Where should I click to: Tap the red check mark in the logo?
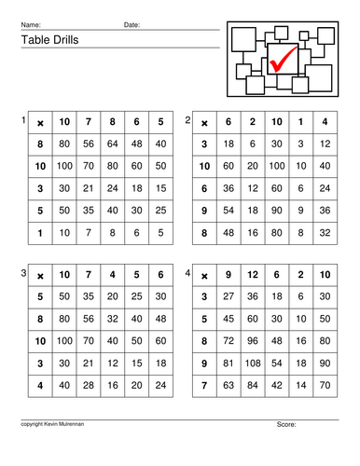tap(282, 59)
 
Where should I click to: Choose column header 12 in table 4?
tap(253, 275)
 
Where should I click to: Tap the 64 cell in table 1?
tap(113, 144)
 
